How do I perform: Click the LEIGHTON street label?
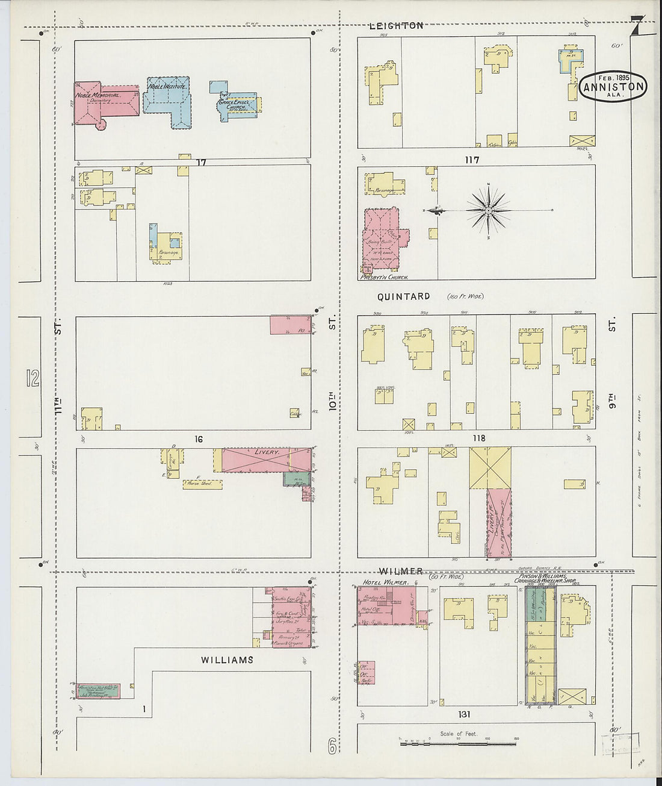[x=396, y=26]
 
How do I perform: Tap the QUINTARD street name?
[x=404, y=296]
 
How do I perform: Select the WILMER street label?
[x=400, y=571]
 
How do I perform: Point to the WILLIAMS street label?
[x=227, y=660]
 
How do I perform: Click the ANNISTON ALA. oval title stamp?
[x=613, y=86]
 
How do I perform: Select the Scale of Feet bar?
[x=457, y=743]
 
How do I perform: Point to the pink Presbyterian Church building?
[x=382, y=242]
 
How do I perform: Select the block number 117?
[x=471, y=160]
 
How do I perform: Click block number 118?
[x=478, y=438]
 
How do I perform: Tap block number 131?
[x=463, y=714]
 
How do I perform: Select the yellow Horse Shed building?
[x=203, y=484]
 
